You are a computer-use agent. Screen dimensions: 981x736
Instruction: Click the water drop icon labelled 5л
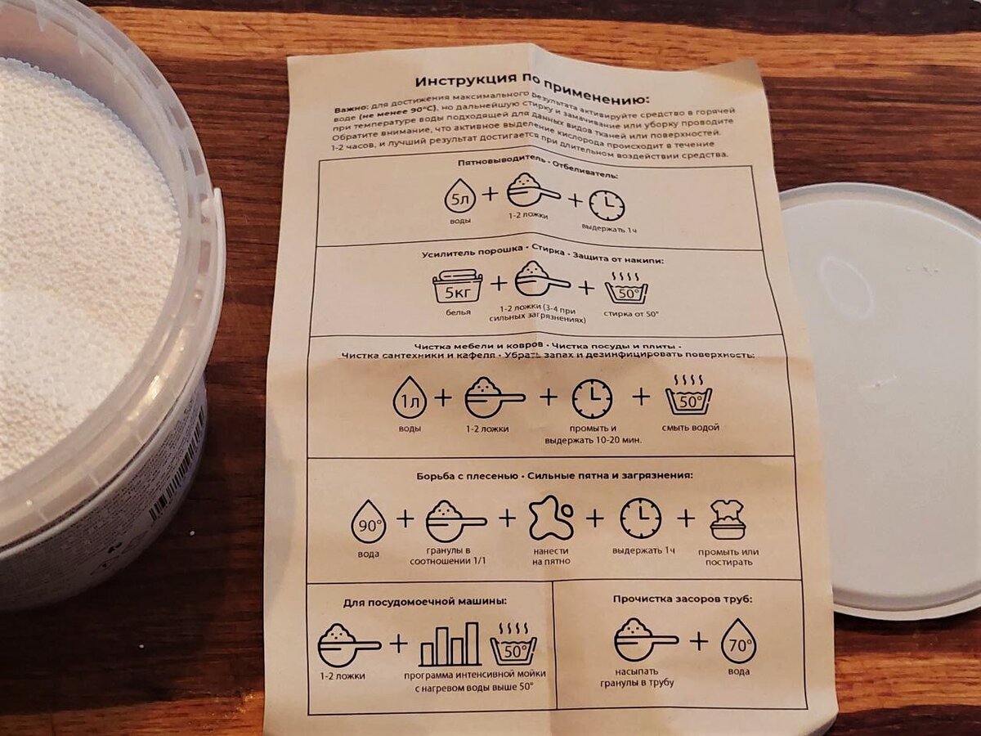coord(459,195)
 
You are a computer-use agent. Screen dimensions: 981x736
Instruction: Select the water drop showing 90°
coord(368,522)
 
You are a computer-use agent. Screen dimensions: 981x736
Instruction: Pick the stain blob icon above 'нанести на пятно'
coord(551,518)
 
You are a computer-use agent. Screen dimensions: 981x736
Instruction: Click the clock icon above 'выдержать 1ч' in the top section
coord(607,205)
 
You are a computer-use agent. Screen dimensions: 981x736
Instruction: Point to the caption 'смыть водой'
coord(691,427)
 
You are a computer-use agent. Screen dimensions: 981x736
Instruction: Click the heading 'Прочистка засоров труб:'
coord(683,599)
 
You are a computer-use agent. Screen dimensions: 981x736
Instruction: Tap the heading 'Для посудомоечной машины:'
coord(425,601)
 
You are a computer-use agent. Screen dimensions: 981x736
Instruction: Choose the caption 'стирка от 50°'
coord(631,314)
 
